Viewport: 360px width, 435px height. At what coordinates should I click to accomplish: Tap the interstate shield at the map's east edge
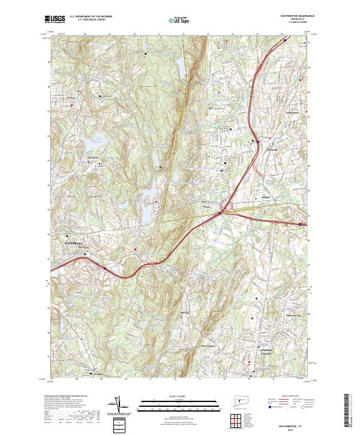click(x=300, y=224)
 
